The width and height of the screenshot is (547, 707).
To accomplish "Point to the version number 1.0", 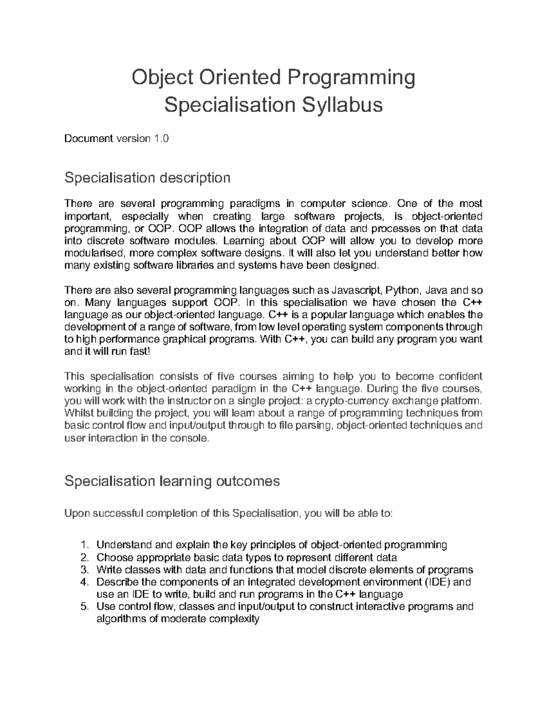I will tap(161, 138).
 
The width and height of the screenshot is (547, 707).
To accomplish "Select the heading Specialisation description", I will tap(147, 178).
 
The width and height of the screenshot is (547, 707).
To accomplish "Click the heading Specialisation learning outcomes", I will tap(172, 481).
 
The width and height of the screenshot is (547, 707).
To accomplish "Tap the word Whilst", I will tap(79, 413).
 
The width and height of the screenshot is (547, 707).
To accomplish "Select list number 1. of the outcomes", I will tap(83, 545).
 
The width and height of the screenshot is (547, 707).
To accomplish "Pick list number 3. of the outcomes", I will tap(83, 570).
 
